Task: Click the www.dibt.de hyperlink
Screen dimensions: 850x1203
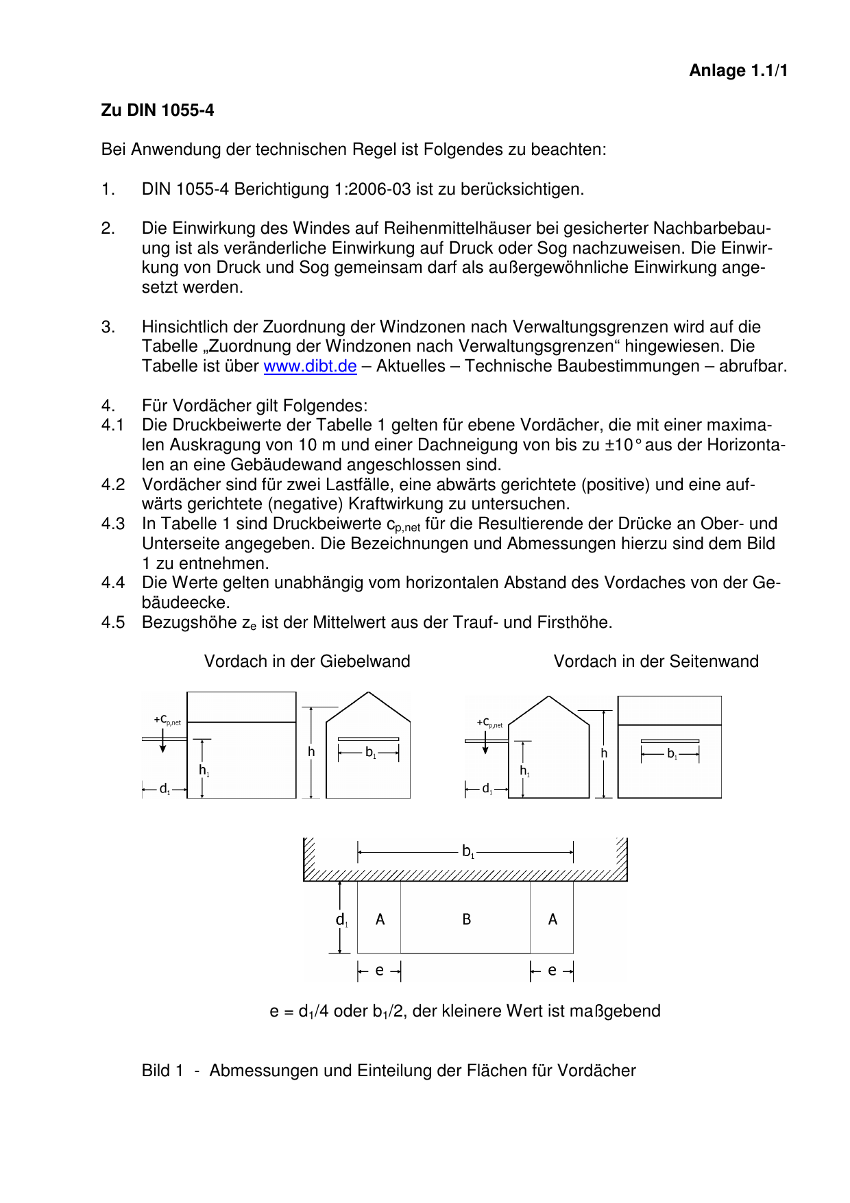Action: pos(310,366)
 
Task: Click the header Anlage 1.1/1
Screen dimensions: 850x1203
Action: pos(738,71)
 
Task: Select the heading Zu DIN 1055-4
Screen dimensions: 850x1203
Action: pos(158,110)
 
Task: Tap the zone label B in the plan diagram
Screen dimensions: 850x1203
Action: pos(466,919)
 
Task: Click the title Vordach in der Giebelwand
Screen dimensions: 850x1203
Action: pos(307,661)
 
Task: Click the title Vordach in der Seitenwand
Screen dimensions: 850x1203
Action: pos(656,661)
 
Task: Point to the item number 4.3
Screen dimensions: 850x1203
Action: pos(113,524)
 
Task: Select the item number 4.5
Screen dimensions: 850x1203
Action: pos(113,622)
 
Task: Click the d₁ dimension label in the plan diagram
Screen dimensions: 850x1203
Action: pos(342,920)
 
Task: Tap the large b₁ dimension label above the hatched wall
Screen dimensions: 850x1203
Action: pos(468,852)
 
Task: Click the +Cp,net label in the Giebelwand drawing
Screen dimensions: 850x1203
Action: pos(167,720)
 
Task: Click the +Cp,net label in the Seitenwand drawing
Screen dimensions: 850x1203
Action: pos(489,722)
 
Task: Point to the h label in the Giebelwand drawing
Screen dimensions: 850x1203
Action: pos(311,752)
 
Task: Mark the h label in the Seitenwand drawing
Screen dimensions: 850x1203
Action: pos(604,753)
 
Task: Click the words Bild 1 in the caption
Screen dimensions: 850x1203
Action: pos(162,1071)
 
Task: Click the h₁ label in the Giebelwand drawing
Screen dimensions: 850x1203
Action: pos(204,770)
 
